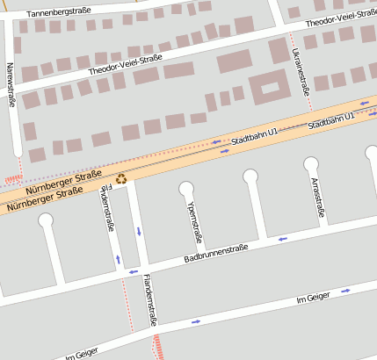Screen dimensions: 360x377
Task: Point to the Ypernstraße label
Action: [195, 220]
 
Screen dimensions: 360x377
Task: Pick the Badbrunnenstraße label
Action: [216, 254]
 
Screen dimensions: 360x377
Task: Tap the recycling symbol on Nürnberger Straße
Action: [121, 179]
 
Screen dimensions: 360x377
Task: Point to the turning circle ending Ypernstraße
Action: [186, 188]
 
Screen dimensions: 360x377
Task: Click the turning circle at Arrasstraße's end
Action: [311, 163]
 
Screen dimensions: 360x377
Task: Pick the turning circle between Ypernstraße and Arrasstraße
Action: [250, 176]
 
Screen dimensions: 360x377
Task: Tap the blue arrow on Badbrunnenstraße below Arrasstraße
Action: [282, 238]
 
